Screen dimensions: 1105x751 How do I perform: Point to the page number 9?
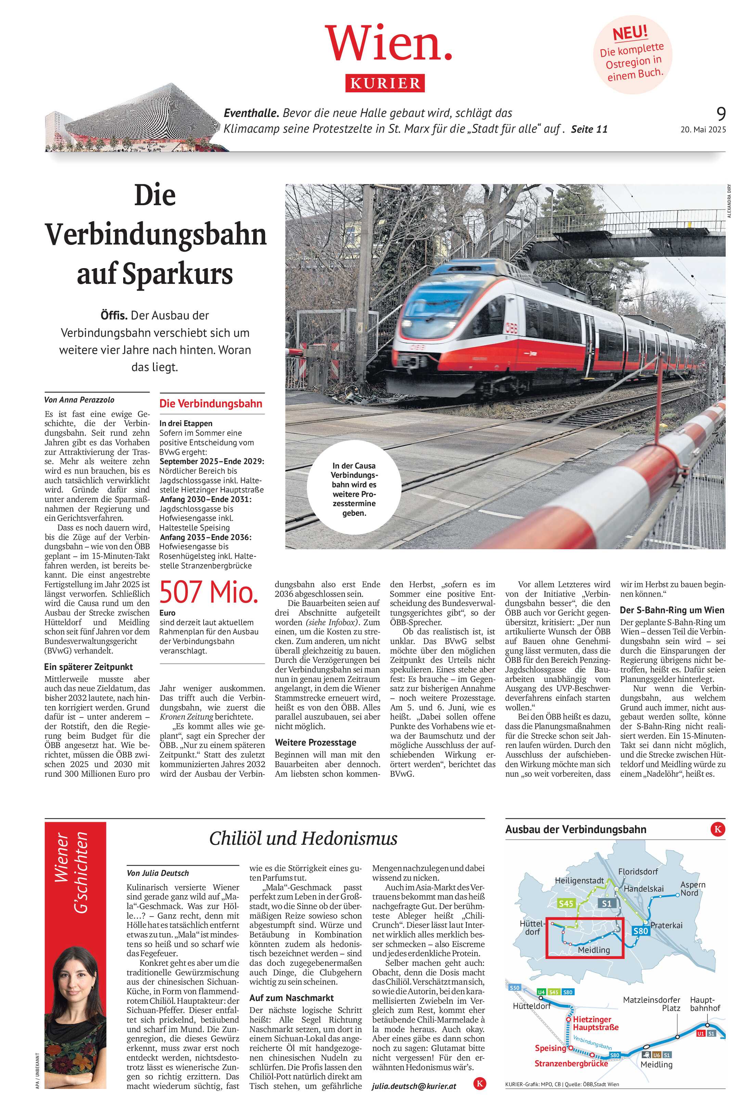[721, 114]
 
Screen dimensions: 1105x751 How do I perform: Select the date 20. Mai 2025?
[703, 129]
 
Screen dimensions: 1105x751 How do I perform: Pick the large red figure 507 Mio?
[209, 592]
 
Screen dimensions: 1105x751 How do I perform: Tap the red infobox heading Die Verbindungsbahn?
[211, 404]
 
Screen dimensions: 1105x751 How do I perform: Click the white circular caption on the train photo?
[353, 489]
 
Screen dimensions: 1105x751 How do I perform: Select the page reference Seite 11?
[589, 129]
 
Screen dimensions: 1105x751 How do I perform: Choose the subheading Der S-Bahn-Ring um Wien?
[672, 610]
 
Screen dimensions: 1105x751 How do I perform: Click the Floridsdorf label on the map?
[638, 871]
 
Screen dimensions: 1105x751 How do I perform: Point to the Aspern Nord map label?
[692, 889]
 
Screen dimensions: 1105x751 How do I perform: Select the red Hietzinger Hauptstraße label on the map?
[595, 1023]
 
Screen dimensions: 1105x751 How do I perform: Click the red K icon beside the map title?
[717, 830]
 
